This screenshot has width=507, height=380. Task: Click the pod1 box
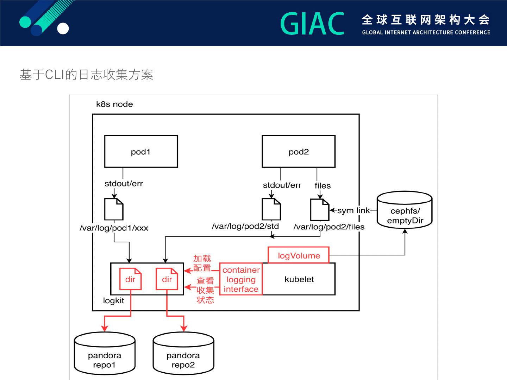[141, 151]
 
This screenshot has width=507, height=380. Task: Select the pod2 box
[299, 151]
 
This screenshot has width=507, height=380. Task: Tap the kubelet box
[299, 279]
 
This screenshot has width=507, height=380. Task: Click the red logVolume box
[299, 255]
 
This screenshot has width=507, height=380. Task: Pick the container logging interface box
[241, 279]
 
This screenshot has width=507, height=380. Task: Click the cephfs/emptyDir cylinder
[405, 210]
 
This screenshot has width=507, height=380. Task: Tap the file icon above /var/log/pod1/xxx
[114, 209]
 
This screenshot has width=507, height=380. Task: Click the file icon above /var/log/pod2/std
[271, 209]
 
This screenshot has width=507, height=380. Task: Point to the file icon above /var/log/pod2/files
[319, 210]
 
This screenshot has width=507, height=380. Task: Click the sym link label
[353, 210]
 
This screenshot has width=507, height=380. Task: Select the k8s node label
[114, 104]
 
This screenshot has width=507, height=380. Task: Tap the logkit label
[113, 300]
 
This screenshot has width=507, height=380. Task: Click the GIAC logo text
[312, 24]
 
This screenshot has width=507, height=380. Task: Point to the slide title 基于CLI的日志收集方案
[87, 75]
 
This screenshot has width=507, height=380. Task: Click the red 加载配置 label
[202, 263]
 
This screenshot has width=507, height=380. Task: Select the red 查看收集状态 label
[205, 290]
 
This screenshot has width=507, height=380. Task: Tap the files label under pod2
[323, 185]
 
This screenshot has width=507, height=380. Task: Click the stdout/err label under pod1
[124, 183]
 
